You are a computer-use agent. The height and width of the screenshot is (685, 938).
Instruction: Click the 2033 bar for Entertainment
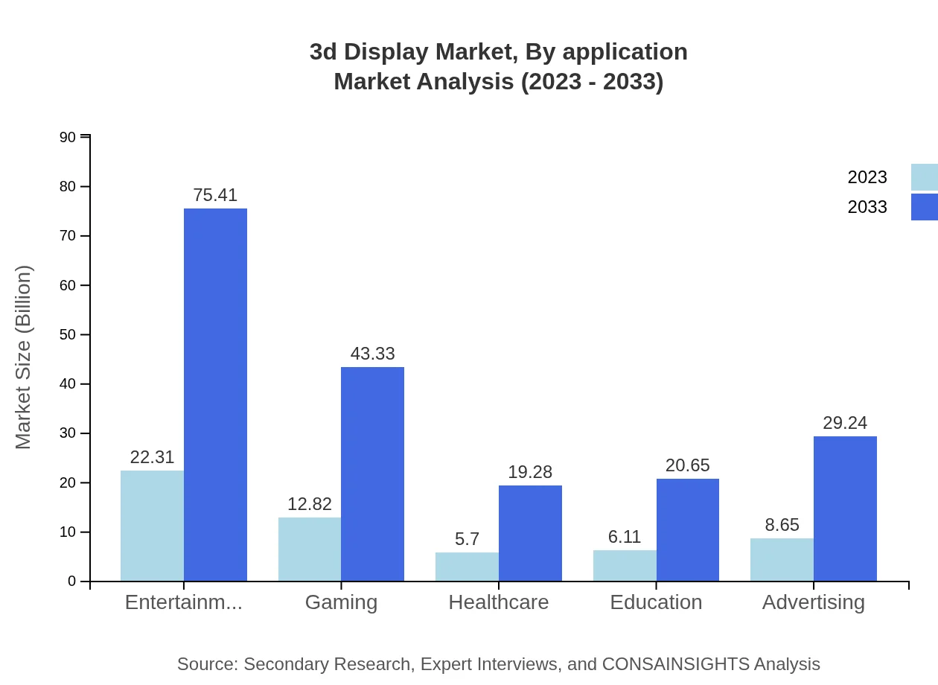pos(215,395)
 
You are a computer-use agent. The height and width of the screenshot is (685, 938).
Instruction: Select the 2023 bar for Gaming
pos(310,549)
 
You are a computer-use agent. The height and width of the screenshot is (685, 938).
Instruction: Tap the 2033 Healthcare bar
pos(530,533)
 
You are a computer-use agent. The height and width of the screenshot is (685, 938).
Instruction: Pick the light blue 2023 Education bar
pos(625,566)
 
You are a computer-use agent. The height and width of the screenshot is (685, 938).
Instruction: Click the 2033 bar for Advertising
pos(845,509)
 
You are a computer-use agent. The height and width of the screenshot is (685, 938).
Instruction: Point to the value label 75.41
pos(215,195)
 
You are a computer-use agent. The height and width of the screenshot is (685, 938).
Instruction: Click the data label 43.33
pos(372,354)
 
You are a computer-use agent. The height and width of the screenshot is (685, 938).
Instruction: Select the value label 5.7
pos(467,539)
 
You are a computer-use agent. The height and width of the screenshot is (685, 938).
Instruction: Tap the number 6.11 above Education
pos(625,537)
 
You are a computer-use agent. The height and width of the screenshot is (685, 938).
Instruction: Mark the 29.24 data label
pos(845,423)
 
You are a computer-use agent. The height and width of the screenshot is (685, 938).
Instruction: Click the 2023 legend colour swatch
pos(924,177)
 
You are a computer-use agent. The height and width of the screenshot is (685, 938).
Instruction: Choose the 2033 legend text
pos(867,207)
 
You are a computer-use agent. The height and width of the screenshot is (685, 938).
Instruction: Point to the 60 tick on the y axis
pos(68,285)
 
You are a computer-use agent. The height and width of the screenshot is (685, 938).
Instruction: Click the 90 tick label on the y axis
pos(68,137)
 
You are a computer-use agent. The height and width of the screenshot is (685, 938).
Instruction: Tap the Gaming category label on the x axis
pos(341,602)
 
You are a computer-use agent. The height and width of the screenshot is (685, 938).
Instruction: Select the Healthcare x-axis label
pos(498,602)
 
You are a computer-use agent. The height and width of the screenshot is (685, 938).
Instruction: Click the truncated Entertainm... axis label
pos(183,602)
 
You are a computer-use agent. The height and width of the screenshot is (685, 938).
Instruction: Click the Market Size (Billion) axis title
pos(24,357)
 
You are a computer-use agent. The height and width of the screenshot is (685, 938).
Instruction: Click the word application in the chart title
pos(625,52)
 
